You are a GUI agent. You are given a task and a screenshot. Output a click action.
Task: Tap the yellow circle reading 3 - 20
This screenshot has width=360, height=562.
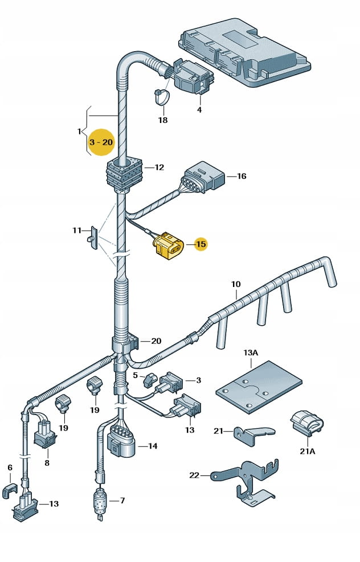coord(101,142)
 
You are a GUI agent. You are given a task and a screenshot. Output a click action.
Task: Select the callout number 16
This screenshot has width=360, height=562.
coord(242,177)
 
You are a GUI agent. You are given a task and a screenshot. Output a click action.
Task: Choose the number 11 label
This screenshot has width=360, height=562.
coord(77,230)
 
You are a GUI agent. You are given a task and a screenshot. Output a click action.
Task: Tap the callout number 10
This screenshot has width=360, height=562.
coord(236,284)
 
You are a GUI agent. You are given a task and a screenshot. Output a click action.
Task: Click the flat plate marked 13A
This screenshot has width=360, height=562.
coord(258,387)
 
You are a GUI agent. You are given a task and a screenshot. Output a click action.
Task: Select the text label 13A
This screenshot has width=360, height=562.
coord(251,353)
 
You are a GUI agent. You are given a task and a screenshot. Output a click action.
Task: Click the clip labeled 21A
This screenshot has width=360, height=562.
coord(306,424)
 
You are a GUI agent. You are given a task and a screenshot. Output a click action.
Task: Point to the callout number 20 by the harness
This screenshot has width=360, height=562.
coord(156,341)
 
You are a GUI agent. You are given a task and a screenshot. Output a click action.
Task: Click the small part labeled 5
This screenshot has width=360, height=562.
coord(150,379)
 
